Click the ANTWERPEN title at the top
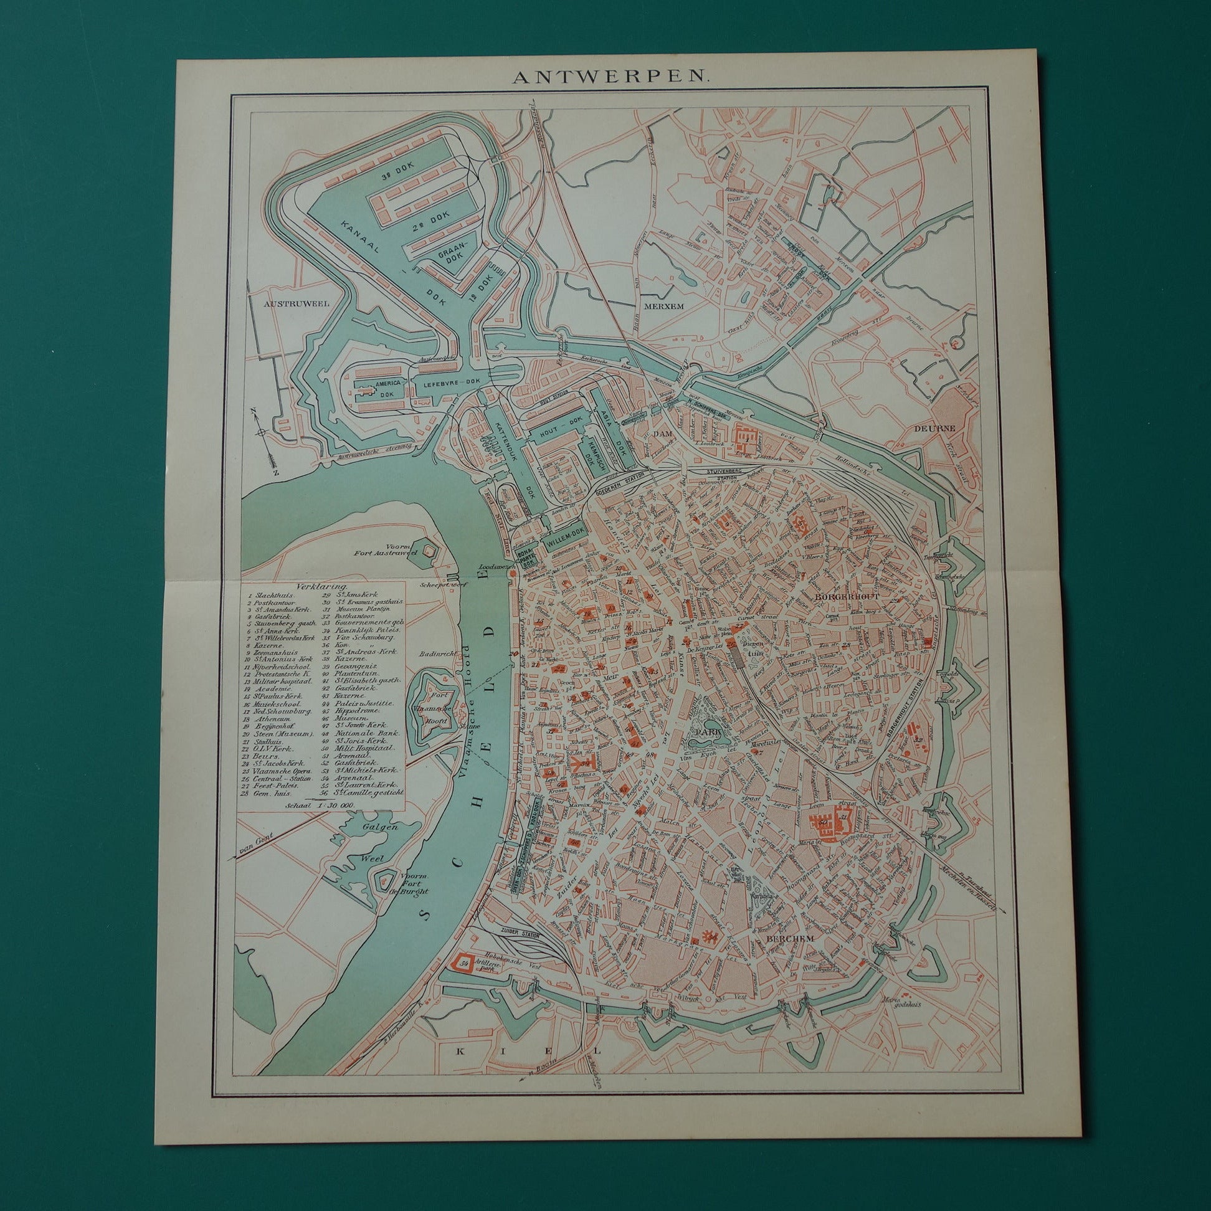click(x=610, y=77)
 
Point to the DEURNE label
click(x=933, y=428)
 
